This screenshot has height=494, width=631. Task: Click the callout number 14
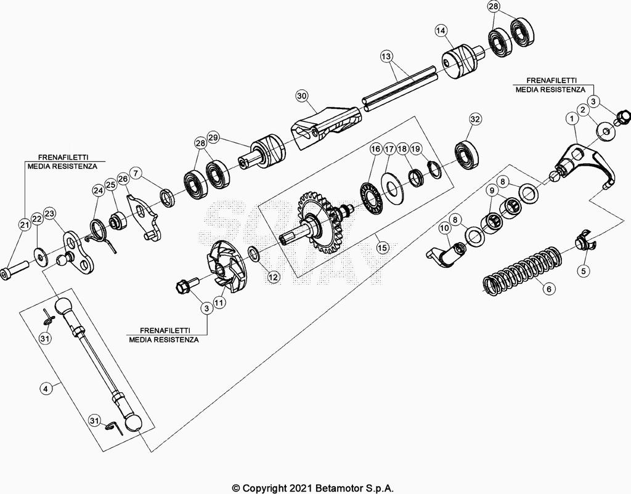441,31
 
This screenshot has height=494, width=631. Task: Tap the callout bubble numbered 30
302,95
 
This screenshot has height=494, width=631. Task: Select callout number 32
475,119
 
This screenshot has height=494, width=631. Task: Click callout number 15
383,248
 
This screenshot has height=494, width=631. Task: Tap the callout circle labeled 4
46,389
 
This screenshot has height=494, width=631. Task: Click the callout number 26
123,178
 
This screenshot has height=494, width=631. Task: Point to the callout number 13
386,56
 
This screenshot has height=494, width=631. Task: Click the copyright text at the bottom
313,488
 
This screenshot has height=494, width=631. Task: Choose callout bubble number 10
444,228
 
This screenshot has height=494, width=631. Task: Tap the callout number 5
584,271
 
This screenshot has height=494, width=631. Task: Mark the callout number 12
273,277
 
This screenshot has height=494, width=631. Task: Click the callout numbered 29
213,137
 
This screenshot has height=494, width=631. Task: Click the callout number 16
375,149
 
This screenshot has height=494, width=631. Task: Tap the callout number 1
572,119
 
